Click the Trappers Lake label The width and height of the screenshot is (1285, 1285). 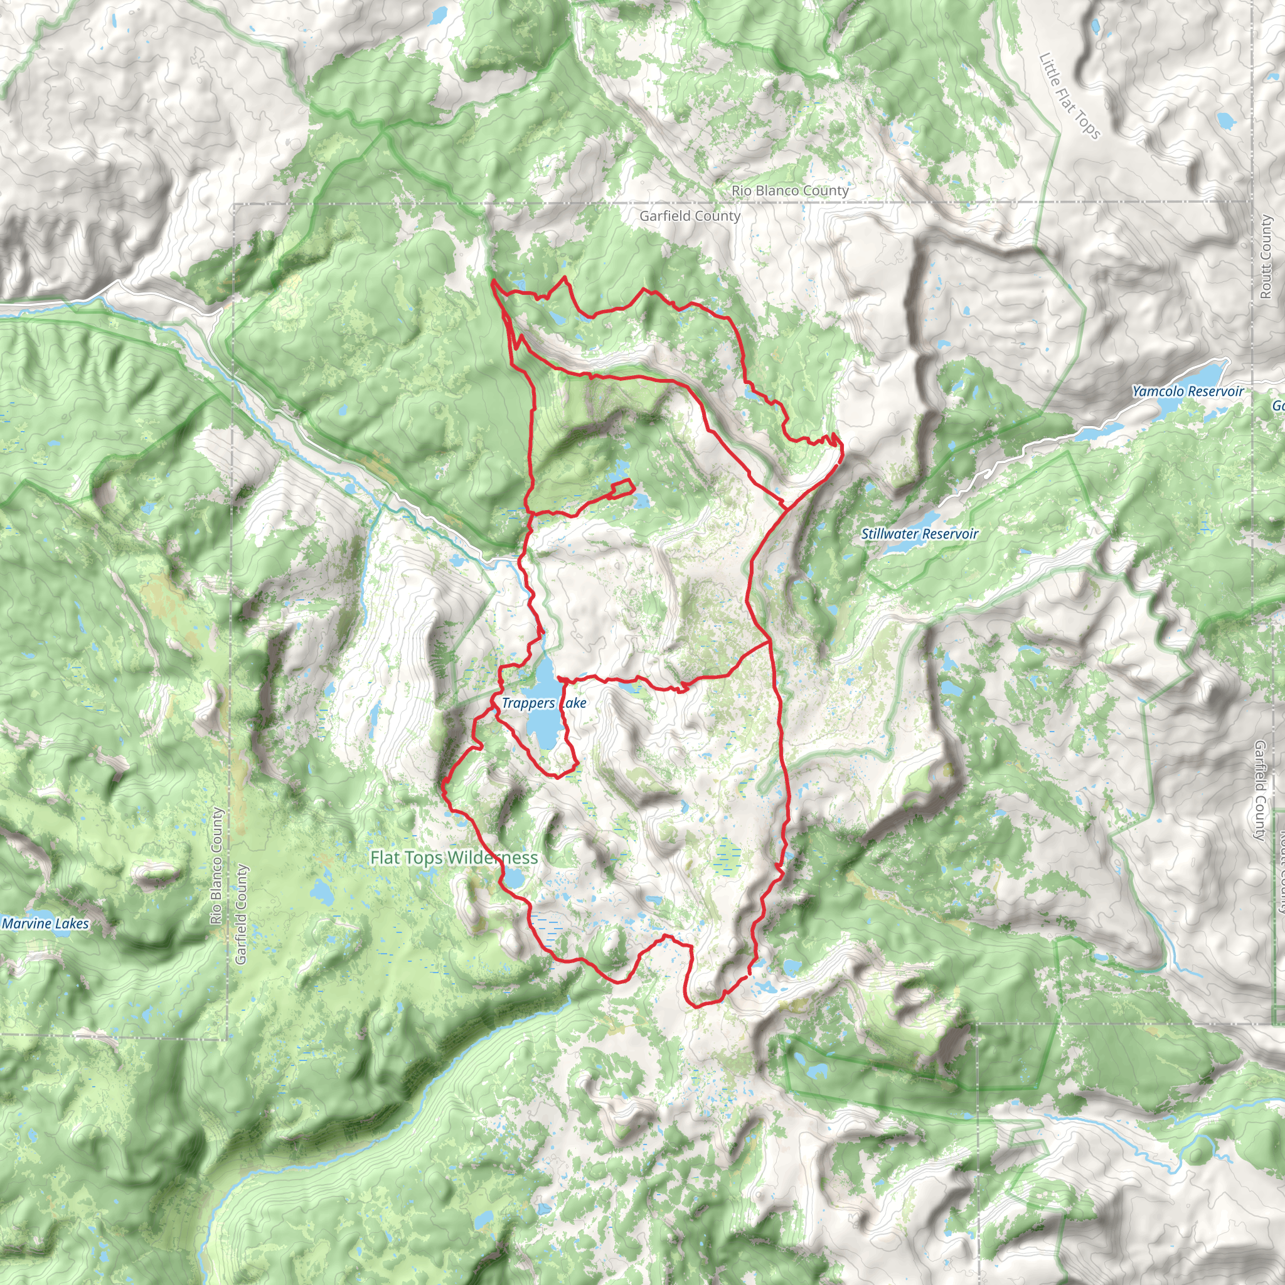(543, 703)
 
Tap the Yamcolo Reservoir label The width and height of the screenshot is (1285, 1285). (1187, 391)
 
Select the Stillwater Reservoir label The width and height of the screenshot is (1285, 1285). (919, 533)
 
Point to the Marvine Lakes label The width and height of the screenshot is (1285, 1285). (45, 923)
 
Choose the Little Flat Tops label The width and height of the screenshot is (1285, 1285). (1069, 97)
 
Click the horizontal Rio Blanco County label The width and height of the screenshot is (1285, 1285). (789, 191)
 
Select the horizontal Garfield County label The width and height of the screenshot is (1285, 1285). (690, 216)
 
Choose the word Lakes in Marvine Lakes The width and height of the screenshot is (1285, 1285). (72, 923)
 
